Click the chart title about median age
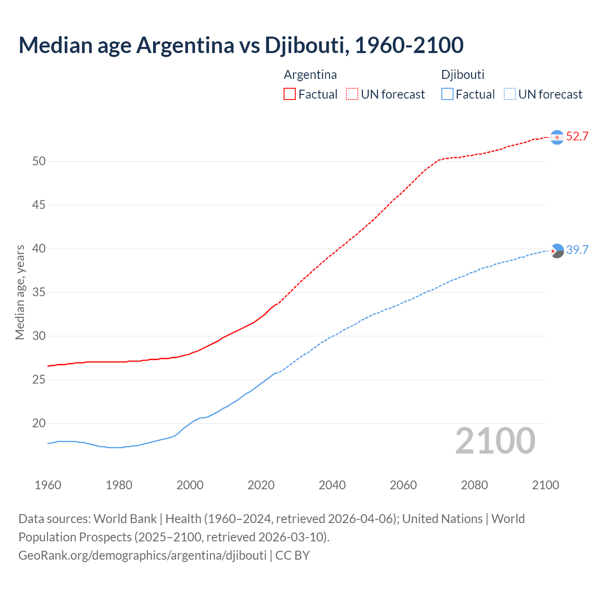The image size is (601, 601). tap(241, 45)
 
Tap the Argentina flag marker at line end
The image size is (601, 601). tap(557, 137)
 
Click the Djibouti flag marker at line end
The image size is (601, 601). tap(557, 251)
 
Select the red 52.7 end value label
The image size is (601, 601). tap(577, 137)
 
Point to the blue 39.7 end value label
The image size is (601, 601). tap(577, 250)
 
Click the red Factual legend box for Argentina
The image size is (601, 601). tap(290, 94)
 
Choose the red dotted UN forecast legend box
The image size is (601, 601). tap(352, 94)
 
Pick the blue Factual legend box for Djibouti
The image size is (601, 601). tap(447, 94)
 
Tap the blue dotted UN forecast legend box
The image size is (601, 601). tap(509, 94)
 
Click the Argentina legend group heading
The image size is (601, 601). tap(310, 75)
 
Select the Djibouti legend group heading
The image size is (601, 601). tap(462, 75)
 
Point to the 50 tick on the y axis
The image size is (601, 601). tap(39, 162)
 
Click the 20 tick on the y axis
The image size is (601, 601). tap(39, 424)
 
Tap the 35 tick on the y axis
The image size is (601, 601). tap(39, 293)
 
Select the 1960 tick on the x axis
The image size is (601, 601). tap(48, 485)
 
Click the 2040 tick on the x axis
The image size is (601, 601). tap(332, 485)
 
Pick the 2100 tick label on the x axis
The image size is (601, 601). tap(545, 485)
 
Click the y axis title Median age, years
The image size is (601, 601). tap(20, 292)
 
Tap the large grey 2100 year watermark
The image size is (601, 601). tap(495, 440)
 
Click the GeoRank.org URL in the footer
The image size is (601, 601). tap(142, 555)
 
